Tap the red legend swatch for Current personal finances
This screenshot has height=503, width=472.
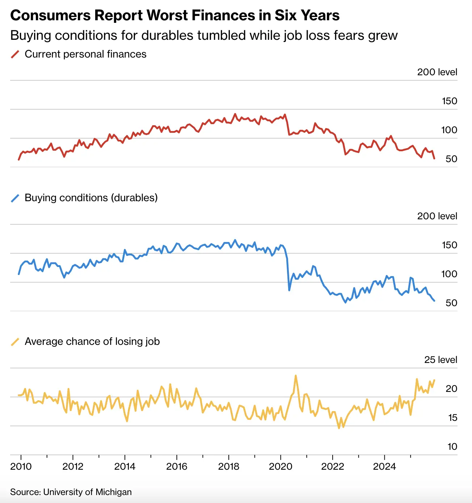pos(15,54)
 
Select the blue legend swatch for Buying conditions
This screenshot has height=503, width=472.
pos(15,198)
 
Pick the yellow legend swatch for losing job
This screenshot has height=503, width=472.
pos(15,342)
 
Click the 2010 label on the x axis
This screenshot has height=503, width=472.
pos(21,466)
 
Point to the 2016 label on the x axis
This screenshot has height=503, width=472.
pos(177,466)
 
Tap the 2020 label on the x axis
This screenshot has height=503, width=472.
pos(281,466)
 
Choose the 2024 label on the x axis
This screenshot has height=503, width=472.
pos(384,466)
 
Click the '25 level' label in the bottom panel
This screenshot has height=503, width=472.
pos(441,360)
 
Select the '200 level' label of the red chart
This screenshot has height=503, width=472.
pos(437,72)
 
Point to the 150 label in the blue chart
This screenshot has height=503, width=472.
pos(449,245)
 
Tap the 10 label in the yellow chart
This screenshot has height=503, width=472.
pos(452,447)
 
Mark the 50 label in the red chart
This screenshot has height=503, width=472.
pos(451,159)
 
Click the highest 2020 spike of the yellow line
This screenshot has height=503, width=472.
pos(296,376)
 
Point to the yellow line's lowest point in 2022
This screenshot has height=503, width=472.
pos(339,428)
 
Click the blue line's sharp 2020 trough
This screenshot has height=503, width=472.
pos(289,290)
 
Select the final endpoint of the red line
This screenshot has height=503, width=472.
pos(434,158)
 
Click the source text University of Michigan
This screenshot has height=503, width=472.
pos(87,492)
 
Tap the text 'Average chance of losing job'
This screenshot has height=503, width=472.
pos(92,342)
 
